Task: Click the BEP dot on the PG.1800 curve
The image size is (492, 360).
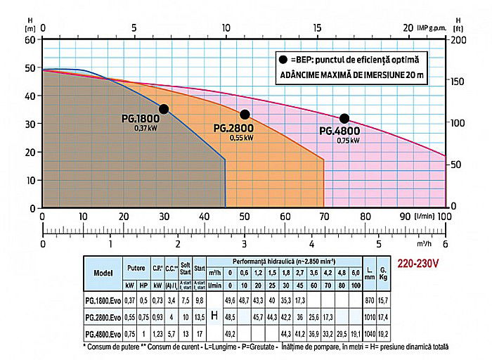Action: tap(164, 109)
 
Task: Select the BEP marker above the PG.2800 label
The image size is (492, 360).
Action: tap(245, 115)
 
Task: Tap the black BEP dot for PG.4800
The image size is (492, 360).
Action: tap(344, 118)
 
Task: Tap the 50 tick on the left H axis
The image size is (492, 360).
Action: tap(29, 68)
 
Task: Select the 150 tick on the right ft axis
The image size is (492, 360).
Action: tap(455, 82)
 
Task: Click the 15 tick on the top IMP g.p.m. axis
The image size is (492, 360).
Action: tap(317, 27)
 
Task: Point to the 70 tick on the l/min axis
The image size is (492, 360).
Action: tap(324, 216)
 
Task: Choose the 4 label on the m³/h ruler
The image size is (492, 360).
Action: tap(311, 245)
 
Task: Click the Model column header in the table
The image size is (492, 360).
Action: tap(103, 273)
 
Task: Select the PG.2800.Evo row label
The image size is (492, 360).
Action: tap(103, 317)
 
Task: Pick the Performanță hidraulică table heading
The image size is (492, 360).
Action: tap(273, 260)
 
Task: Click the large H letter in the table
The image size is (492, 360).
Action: tap(215, 316)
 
